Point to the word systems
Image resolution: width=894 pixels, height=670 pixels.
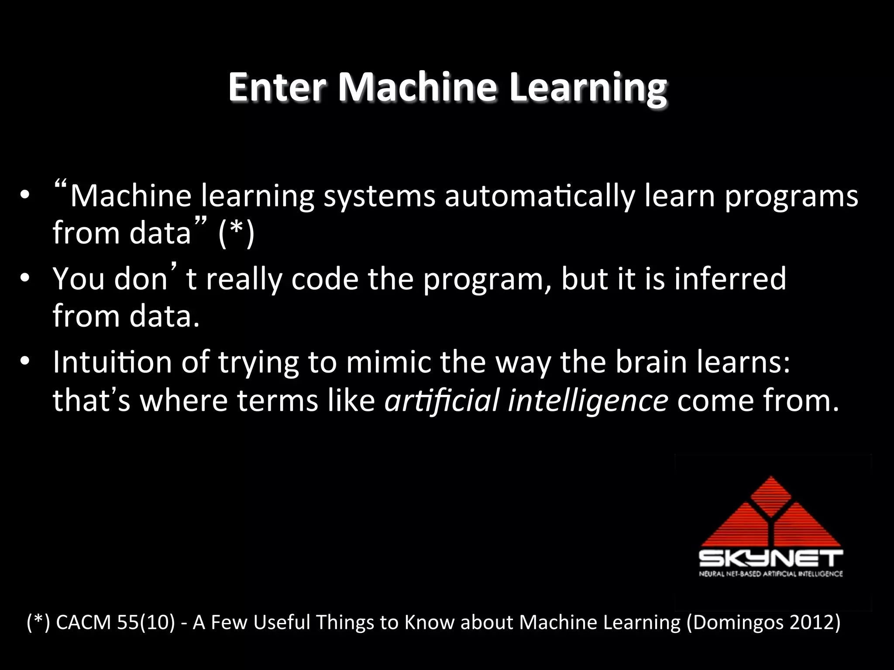(379, 197)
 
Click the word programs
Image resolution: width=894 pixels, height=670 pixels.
(791, 197)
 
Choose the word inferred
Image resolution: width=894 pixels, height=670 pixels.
(730, 279)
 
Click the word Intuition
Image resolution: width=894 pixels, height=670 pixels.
(113, 362)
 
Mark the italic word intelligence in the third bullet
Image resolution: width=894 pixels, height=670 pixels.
(588, 401)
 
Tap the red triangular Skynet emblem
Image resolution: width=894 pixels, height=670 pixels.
(771, 515)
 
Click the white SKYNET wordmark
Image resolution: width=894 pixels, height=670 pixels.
(771, 559)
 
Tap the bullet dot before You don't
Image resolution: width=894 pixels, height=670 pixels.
(25, 278)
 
